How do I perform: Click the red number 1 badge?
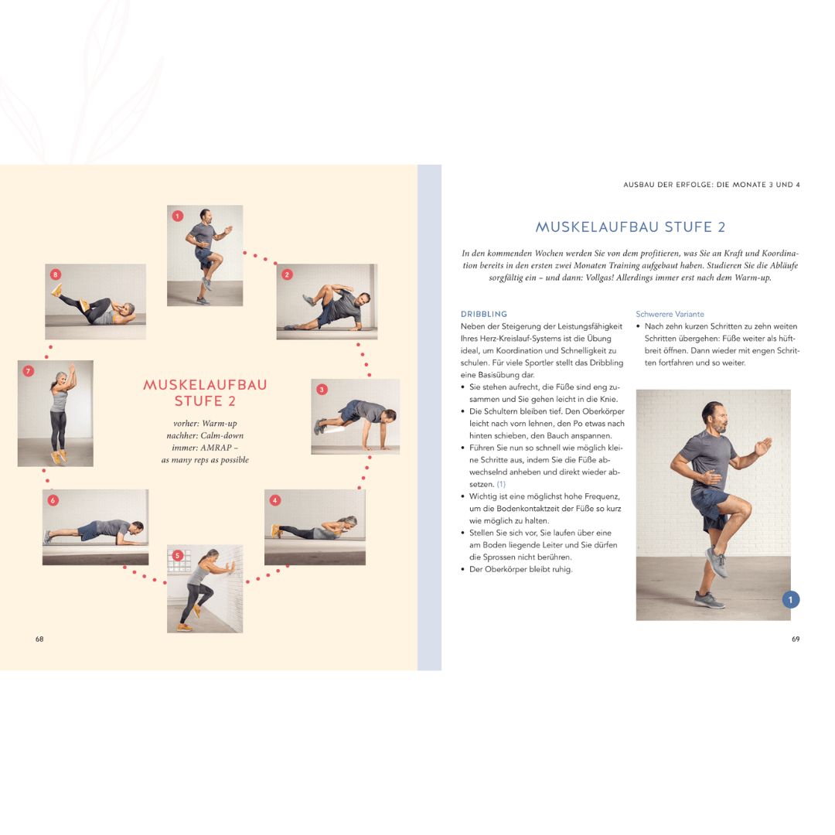click(x=178, y=216)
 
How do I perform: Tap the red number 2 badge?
click(x=287, y=274)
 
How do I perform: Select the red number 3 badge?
click(x=322, y=390)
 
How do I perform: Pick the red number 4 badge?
click(x=274, y=500)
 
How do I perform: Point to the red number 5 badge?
click(x=178, y=555)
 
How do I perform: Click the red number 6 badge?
click(x=53, y=500)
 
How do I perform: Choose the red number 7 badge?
click(x=29, y=371)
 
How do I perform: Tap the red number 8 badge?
click(x=56, y=274)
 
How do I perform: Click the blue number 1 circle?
click(x=791, y=600)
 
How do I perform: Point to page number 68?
click(x=39, y=639)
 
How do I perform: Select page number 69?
click(x=796, y=639)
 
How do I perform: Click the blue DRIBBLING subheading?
click(x=483, y=314)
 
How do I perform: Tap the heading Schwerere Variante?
click(x=670, y=314)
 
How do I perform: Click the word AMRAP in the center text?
click(x=216, y=448)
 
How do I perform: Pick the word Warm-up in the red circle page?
click(x=220, y=424)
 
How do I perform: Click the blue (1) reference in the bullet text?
click(x=501, y=485)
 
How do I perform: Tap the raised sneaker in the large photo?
click(x=717, y=562)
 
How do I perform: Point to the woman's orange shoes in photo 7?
click(x=59, y=456)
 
